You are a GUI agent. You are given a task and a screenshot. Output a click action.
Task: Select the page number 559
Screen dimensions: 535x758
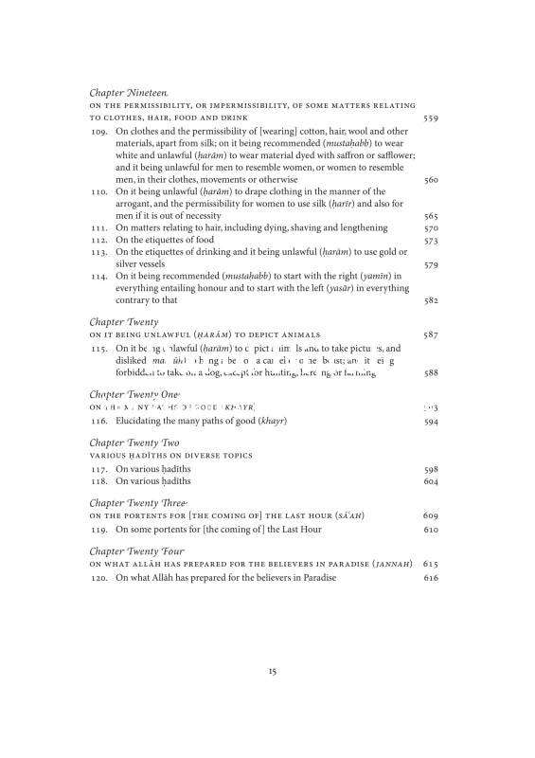pyautogui.click(x=431, y=117)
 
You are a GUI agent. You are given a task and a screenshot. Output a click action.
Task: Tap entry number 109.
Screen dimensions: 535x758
pyautogui.click(x=99, y=132)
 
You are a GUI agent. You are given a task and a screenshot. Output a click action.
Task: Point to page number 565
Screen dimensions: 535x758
pyautogui.click(x=431, y=216)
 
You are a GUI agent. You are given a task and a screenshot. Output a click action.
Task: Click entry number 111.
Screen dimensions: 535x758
pyautogui.click(x=99, y=228)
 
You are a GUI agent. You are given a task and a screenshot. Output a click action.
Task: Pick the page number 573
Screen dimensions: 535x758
pyautogui.click(x=431, y=241)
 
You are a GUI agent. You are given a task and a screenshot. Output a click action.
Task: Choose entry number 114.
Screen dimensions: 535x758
pyautogui.click(x=99, y=277)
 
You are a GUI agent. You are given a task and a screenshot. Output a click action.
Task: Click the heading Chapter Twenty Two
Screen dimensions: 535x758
pyautogui.click(x=134, y=442)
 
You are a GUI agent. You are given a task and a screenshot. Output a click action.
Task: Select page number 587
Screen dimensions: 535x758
pyautogui.click(x=431, y=334)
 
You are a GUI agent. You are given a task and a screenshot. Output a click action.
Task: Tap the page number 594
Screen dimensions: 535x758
pyautogui.click(x=431, y=421)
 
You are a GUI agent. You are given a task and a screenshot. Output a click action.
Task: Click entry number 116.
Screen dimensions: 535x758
pyautogui.click(x=99, y=421)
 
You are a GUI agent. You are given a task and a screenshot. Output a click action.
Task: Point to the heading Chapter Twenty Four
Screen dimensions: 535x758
pyautogui.click(x=136, y=550)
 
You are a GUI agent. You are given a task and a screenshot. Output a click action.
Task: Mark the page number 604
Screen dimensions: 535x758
pyautogui.click(x=431, y=481)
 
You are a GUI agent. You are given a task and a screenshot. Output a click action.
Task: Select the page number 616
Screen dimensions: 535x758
pyautogui.click(x=431, y=577)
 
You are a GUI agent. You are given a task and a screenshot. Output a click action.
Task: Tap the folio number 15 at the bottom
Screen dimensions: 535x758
pyautogui.click(x=272, y=671)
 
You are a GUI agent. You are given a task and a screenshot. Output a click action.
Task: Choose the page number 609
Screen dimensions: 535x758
pyautogui.click(x=431, y=515)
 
